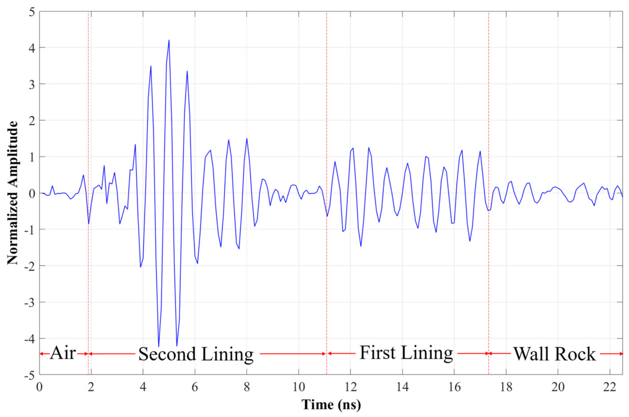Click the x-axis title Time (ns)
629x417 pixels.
coord(331,404)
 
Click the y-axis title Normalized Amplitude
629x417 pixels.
coord(12,193)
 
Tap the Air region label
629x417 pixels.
coord(63,353)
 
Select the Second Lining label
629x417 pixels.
coord(196,354)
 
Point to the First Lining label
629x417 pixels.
coord(406,353)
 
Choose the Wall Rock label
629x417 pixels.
coord(554,354)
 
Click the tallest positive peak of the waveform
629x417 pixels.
coord(169,40)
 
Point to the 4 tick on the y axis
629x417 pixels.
coord(32,48)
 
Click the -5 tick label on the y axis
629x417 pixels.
coord(30,375)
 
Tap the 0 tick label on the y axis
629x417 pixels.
coord(32,193)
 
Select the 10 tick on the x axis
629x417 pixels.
coord(299,387)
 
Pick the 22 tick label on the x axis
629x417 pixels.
coord(610,387)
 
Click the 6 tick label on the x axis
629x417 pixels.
coord(195,387)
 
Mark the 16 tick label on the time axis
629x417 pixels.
coord(454,387)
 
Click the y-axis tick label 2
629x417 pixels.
coord(32,121)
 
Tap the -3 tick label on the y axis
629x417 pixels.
coord(30,302)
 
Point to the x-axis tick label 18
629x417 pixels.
coord(506,387)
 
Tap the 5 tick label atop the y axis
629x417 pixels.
coord(32,12)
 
